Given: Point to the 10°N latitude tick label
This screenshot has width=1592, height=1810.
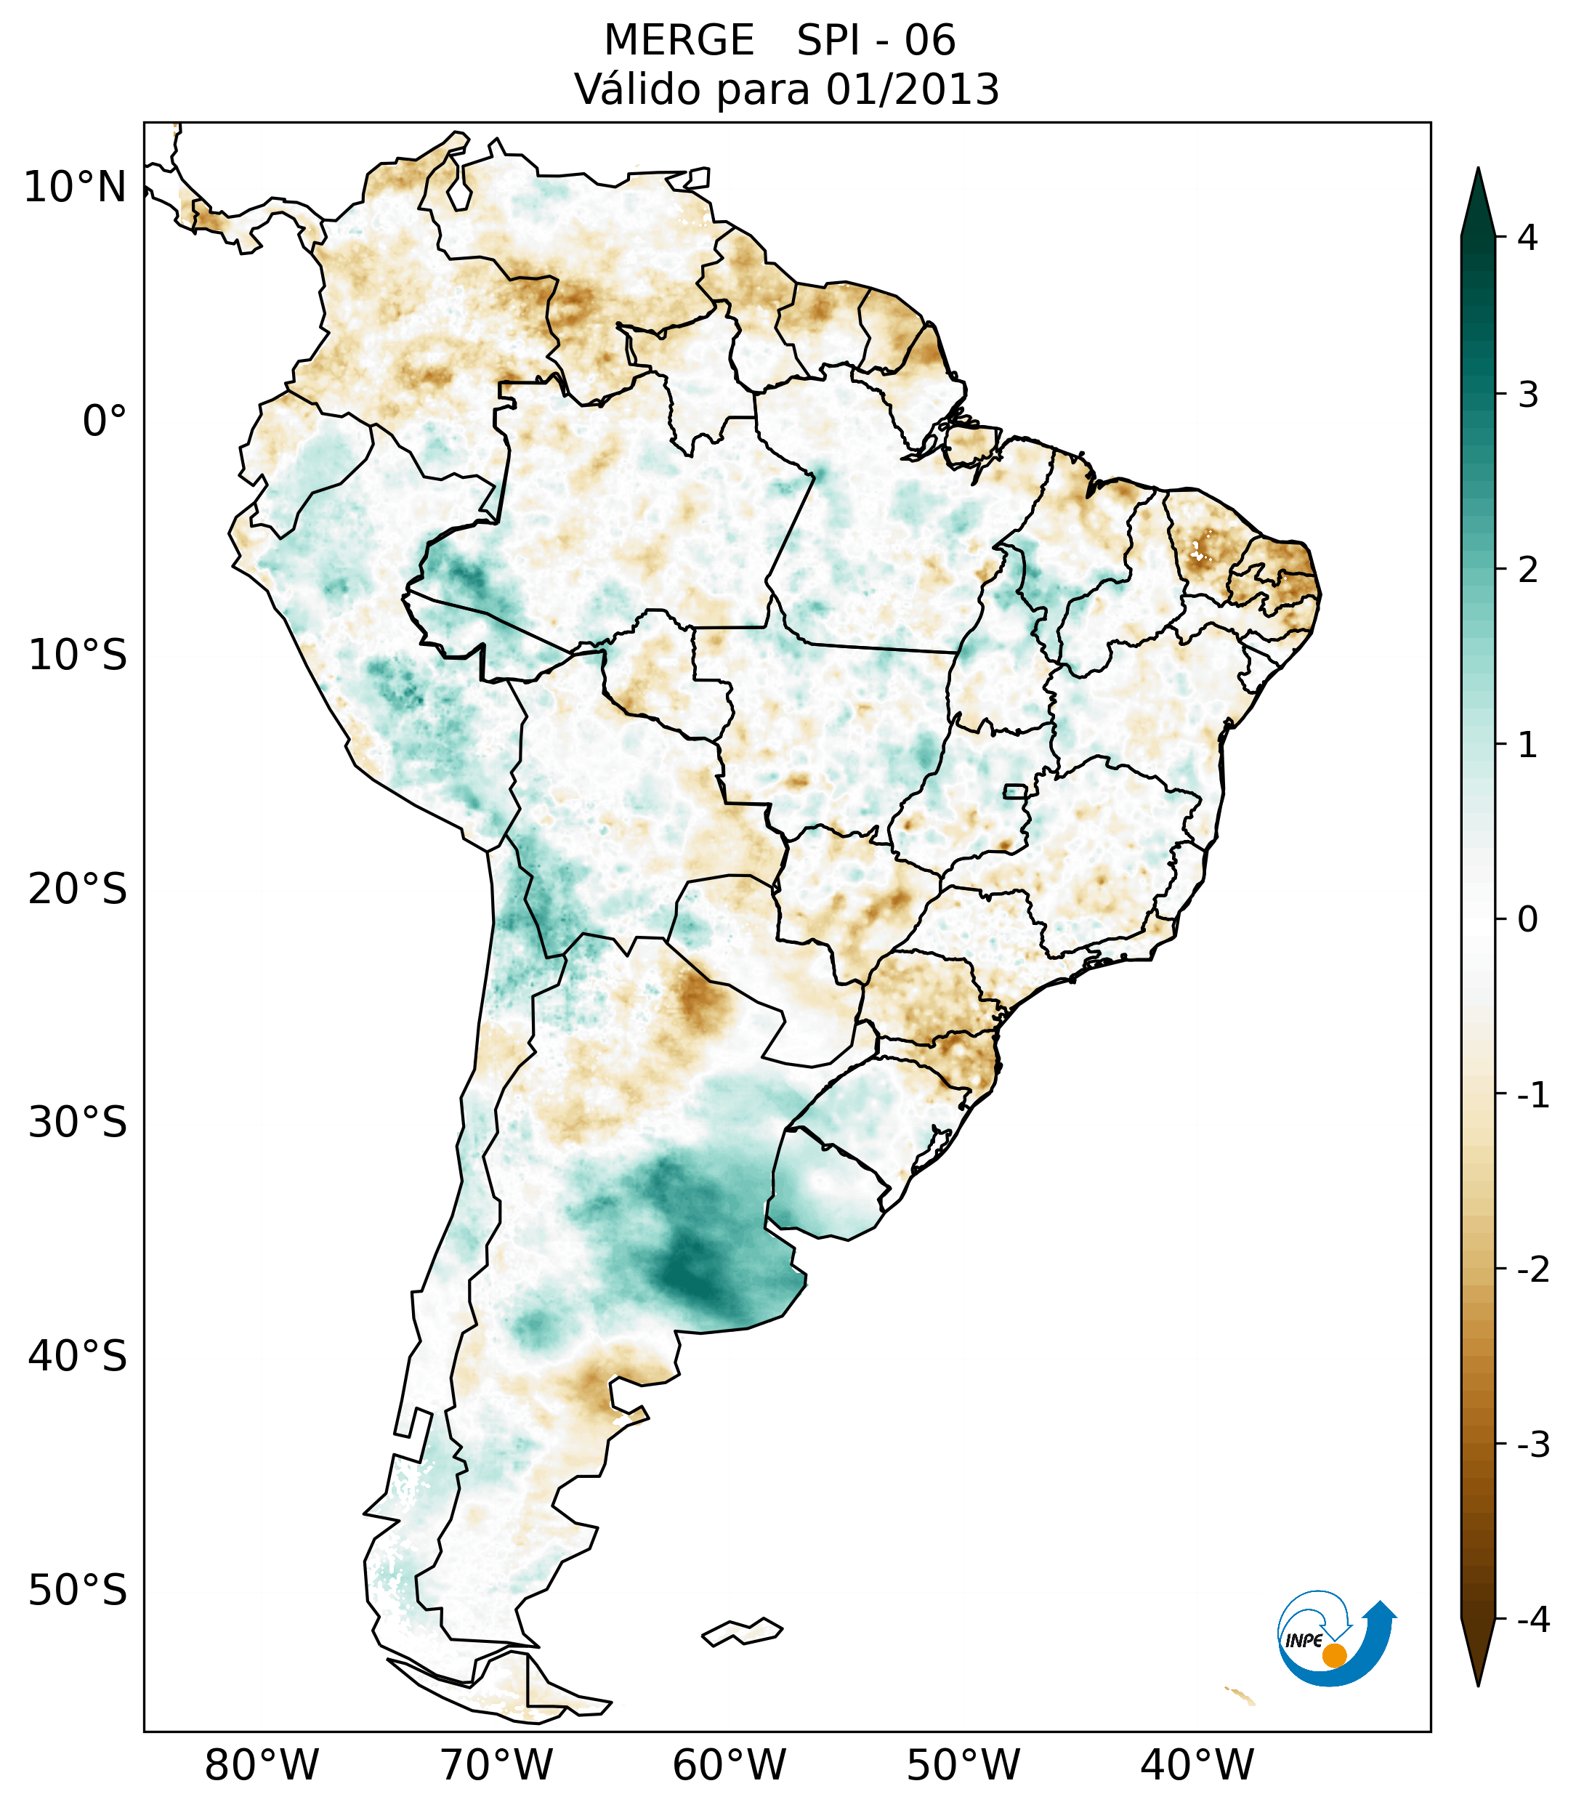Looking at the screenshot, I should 74,187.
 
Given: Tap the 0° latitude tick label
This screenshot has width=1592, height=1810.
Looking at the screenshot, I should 104,421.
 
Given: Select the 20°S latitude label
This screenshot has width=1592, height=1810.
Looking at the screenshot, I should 78,889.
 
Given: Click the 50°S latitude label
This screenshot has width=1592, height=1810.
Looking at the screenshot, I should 78,1591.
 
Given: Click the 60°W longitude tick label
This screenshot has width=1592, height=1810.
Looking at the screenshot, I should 729,1765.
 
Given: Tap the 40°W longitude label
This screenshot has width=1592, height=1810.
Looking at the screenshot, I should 1197,1765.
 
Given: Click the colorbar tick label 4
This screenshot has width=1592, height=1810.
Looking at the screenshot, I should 1527,238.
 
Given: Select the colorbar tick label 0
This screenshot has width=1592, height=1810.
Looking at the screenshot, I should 1527,919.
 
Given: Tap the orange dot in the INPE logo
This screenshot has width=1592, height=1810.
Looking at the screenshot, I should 1333,1655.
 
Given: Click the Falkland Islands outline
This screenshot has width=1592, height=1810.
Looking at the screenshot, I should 742,1632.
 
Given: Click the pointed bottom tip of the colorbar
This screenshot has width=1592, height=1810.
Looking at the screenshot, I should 1478,1684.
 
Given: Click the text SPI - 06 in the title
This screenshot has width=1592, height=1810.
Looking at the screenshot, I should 876,41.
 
